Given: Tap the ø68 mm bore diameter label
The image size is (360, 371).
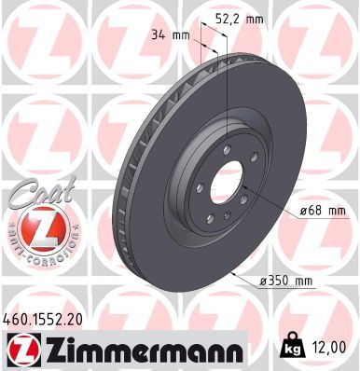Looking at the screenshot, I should coord(323,211).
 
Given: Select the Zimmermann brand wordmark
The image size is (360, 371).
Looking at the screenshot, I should coord(139,350).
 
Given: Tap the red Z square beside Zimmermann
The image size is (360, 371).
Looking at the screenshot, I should coord(19,350).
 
